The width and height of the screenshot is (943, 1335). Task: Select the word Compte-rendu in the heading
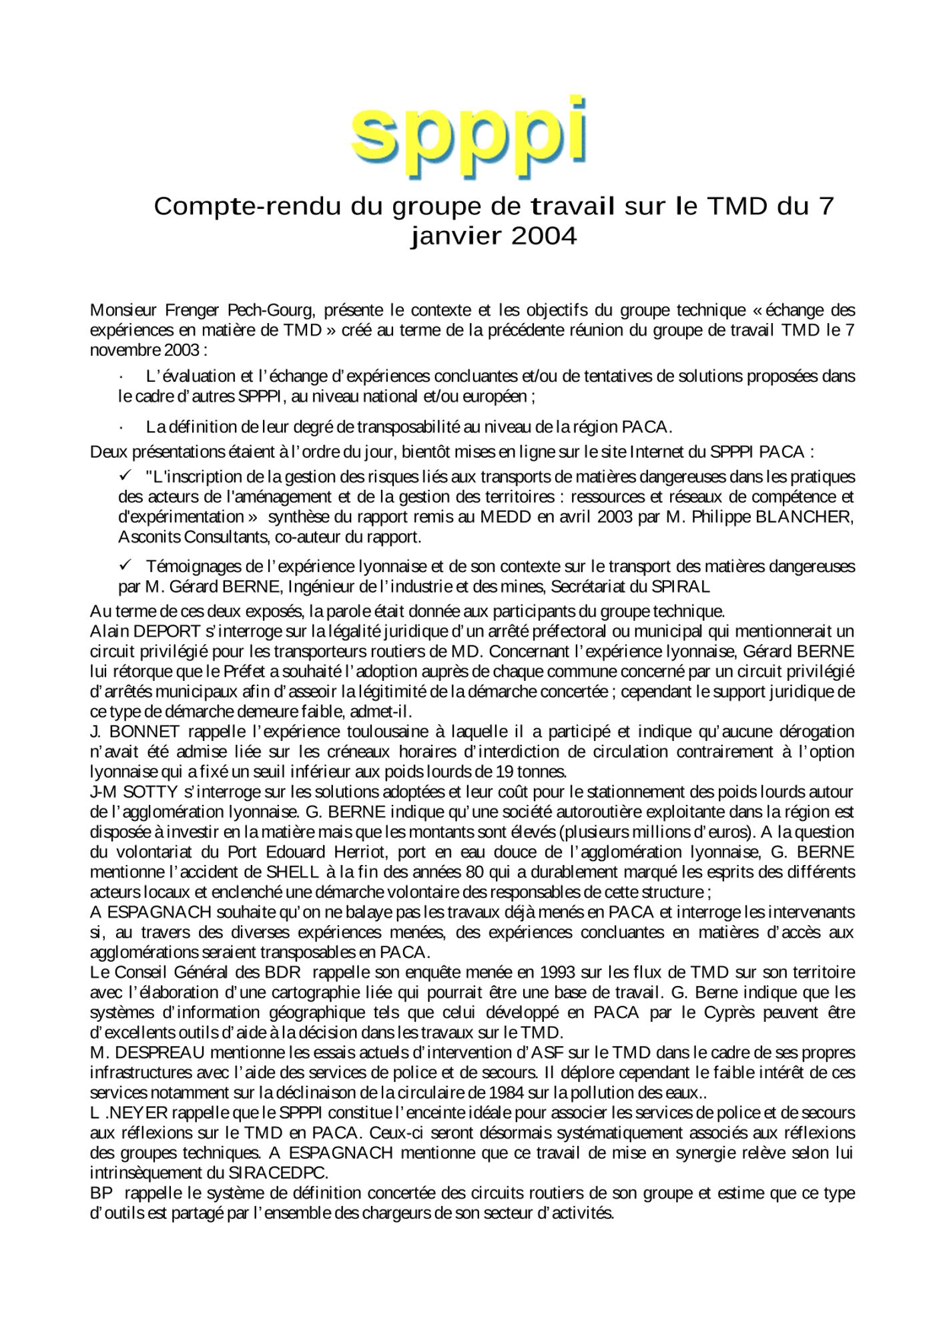[246, 206]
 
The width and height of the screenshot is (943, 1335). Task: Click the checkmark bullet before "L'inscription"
[124, 476]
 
